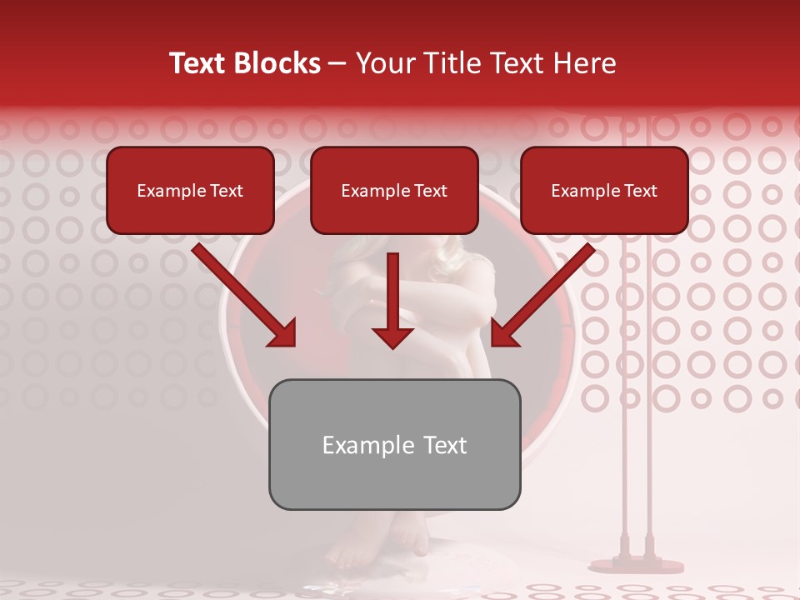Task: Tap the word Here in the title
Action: coord(583,63)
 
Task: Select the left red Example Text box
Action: coord(190,190)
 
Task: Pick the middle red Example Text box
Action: coord(394,190)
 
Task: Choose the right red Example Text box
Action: coord(604,190)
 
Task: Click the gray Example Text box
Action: coord(394,444)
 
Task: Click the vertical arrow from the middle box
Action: coord(392,300)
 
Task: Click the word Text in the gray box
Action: coord(445,445)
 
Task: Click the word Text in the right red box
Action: coord(641,191)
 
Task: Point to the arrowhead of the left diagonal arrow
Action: coord(283,334)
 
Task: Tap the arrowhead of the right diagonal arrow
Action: coord(503,334)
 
